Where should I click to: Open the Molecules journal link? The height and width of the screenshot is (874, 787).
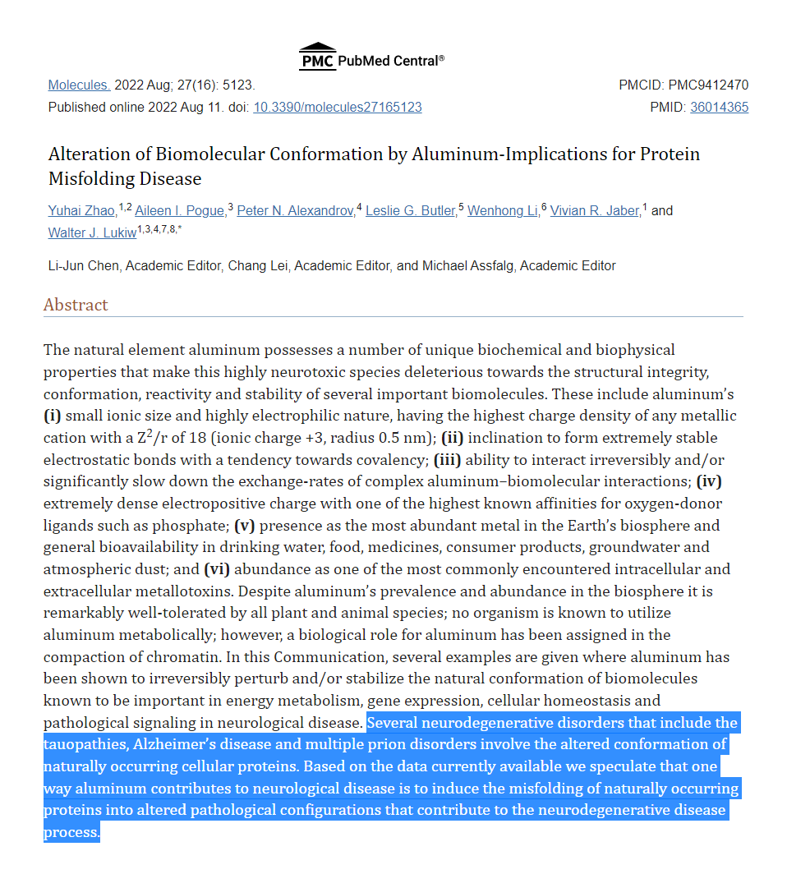(x=79, y=85)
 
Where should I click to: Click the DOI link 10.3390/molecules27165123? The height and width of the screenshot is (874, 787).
(x=338, y=108)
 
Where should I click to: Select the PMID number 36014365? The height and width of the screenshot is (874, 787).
(x=719, y=108)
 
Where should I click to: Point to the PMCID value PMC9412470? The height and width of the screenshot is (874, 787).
(x=708, y=85)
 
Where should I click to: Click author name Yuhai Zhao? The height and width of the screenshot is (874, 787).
(x=81, y=211)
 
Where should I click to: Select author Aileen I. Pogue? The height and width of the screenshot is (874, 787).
(x=179, y=211)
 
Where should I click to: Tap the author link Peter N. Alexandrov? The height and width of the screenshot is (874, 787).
(x=296, y=211)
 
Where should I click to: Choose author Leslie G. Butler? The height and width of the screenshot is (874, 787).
(x=411, y=211)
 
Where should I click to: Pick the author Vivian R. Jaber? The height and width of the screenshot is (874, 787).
(x=596, y=211)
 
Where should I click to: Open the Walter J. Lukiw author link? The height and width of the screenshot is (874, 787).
(x=92, y=233)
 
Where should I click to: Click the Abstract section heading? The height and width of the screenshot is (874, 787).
(x=76, y=305)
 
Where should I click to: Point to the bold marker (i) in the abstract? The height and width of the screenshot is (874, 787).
(x=53, y=416)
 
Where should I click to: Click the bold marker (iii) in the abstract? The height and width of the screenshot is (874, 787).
(x=449, y=460)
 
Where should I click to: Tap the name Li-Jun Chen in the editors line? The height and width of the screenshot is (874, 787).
(x=85, y=266)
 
